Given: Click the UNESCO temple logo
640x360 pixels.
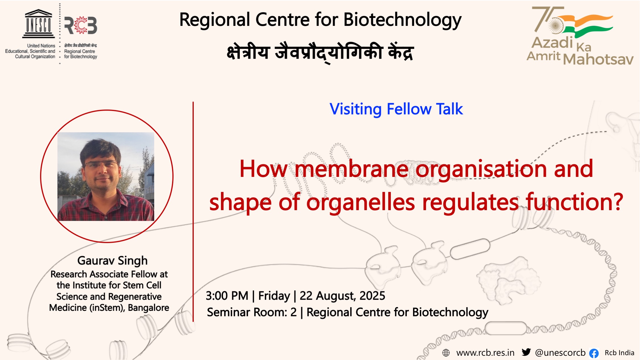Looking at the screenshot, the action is tap(39, 24).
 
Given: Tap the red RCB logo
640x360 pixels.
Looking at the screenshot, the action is tap(81, 25).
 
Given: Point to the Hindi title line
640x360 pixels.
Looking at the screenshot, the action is tap(320, 53).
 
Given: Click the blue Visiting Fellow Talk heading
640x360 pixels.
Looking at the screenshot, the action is tap(396, 109).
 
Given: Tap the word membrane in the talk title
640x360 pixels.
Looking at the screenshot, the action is tap(351, 169).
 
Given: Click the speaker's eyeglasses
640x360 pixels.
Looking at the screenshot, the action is tap(101, 164).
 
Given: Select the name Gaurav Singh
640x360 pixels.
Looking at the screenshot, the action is tap(112, 261).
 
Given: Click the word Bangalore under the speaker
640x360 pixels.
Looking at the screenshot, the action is tap(148, 308).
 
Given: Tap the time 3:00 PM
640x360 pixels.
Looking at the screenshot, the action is tap(227, 296).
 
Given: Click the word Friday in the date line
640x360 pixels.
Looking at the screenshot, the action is tap(274, 296).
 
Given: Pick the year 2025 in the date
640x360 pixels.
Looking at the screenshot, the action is tap(372, 296).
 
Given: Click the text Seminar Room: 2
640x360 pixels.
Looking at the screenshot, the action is tap(252, 312).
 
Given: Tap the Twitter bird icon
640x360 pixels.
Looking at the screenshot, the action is tap(526, 352).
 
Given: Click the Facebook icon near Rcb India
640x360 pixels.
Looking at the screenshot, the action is tap(594, 353).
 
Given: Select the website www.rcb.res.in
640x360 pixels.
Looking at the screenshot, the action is tap(485, 353).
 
